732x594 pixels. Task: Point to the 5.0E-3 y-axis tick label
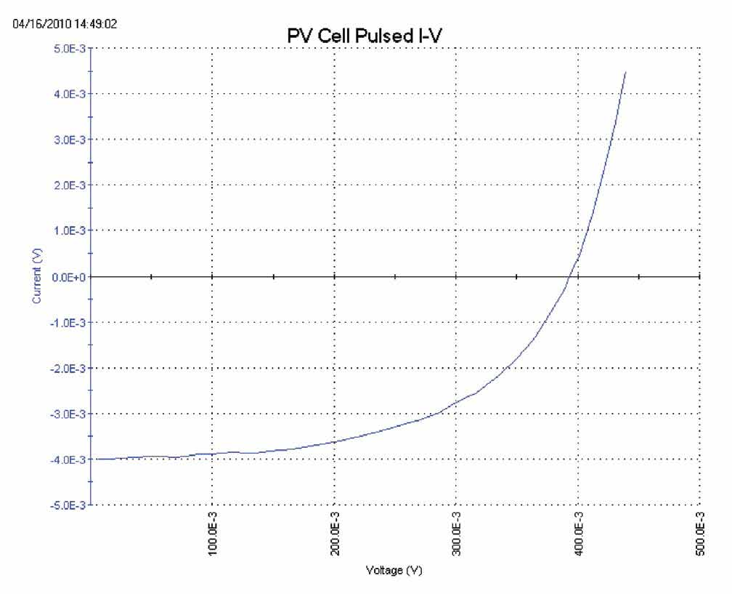click(x=71, y=48)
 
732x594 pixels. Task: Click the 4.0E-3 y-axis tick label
click(x=71, y=94)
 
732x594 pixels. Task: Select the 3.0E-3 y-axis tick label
click(x=71, y=140)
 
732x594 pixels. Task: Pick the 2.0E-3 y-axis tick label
click(x=71, y=185)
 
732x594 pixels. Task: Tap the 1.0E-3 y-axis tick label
click(x=71, y=231)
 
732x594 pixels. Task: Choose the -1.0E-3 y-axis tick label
click(x=70, y=322)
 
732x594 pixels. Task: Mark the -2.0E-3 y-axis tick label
click(x=70, y=368)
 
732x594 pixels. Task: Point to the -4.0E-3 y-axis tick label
click(x=70, y=459)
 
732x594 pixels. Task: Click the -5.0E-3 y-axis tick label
click(x=70, y=505)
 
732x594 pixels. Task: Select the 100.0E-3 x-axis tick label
click(x=212, y=537)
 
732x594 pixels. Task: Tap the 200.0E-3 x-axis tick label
click(x=334, y=537)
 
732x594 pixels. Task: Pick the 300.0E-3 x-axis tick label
click(x=456, y=537)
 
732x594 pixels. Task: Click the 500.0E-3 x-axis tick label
click(x=700, y=537)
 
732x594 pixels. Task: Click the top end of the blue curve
click(x=625, y=71)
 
